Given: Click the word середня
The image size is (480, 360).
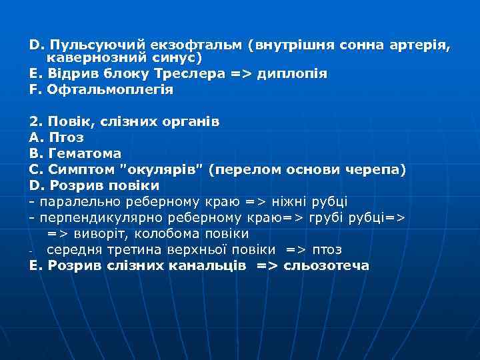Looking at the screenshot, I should coord(74,250).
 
